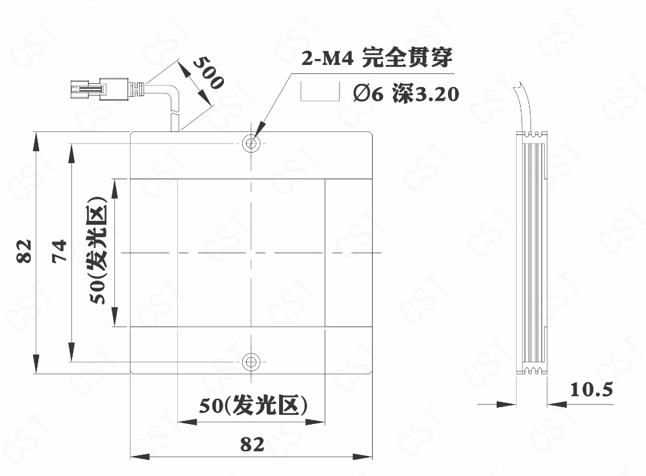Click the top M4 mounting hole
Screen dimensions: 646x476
(251, 144)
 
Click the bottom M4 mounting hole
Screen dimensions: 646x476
(251, 362)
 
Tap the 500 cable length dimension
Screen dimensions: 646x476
(208, 73)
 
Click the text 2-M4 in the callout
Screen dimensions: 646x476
(327, 58)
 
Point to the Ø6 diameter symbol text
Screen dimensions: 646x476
(368, 94)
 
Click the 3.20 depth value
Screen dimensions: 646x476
(436, 94)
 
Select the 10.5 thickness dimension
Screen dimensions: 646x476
(591, 390)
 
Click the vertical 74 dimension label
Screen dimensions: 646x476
(59, 251)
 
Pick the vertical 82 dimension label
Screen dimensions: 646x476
(24, 251)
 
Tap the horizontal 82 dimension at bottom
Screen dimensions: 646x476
(252, 444)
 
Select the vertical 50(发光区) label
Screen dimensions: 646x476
(98, 250)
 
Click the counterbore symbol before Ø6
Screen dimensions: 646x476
(320, 91)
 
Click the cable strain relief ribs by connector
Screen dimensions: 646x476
(137, 89)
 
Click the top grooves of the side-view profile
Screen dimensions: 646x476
(536, 134)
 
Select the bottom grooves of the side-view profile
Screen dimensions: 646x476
(536, 370)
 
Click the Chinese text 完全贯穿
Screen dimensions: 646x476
(406, 58)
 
